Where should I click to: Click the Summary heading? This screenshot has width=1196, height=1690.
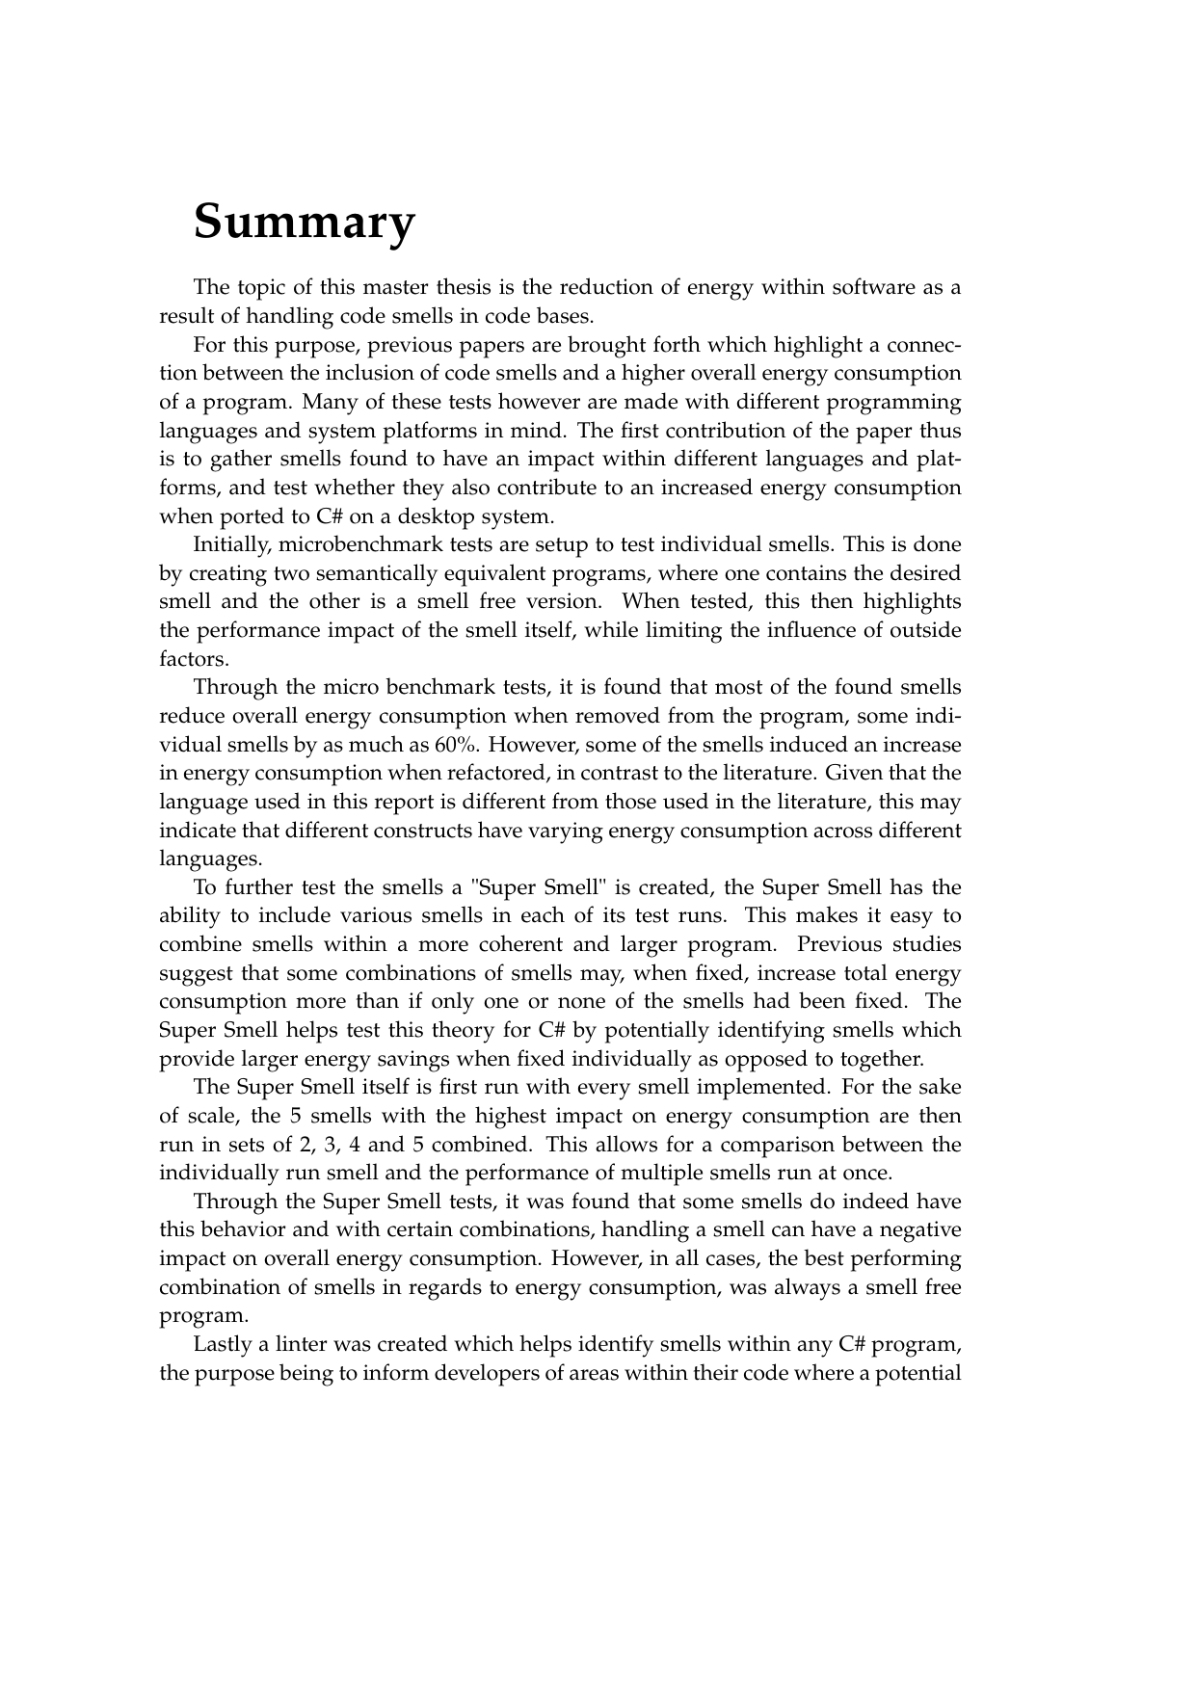(x=305, y=222)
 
